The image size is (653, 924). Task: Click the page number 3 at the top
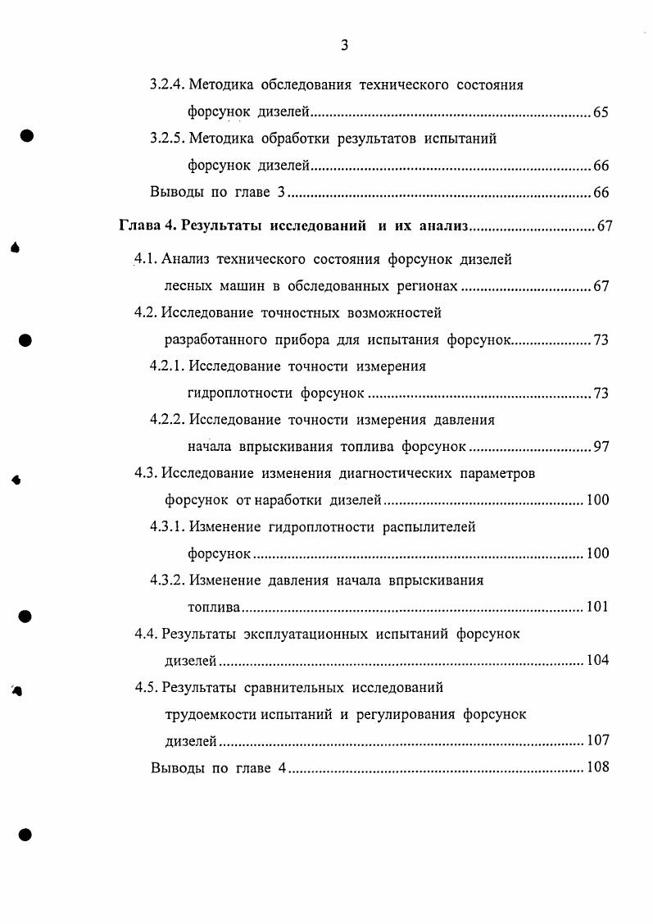tap(344, 46)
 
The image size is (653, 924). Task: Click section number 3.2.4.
tap(169, 84)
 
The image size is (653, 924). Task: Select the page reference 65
tap(601, 112)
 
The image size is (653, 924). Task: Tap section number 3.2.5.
tap(169, 139)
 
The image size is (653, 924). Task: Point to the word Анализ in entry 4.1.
tap(186, 260)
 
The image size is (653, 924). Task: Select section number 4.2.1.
tap(168, 366)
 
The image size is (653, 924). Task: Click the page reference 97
tap(601, 447)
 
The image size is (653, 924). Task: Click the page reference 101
tap(598, 608)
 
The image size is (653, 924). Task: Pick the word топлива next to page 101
tap(212, 608)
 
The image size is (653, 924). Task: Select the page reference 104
tap(598, 661)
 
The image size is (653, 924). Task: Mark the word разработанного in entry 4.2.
tap(215, 339)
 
